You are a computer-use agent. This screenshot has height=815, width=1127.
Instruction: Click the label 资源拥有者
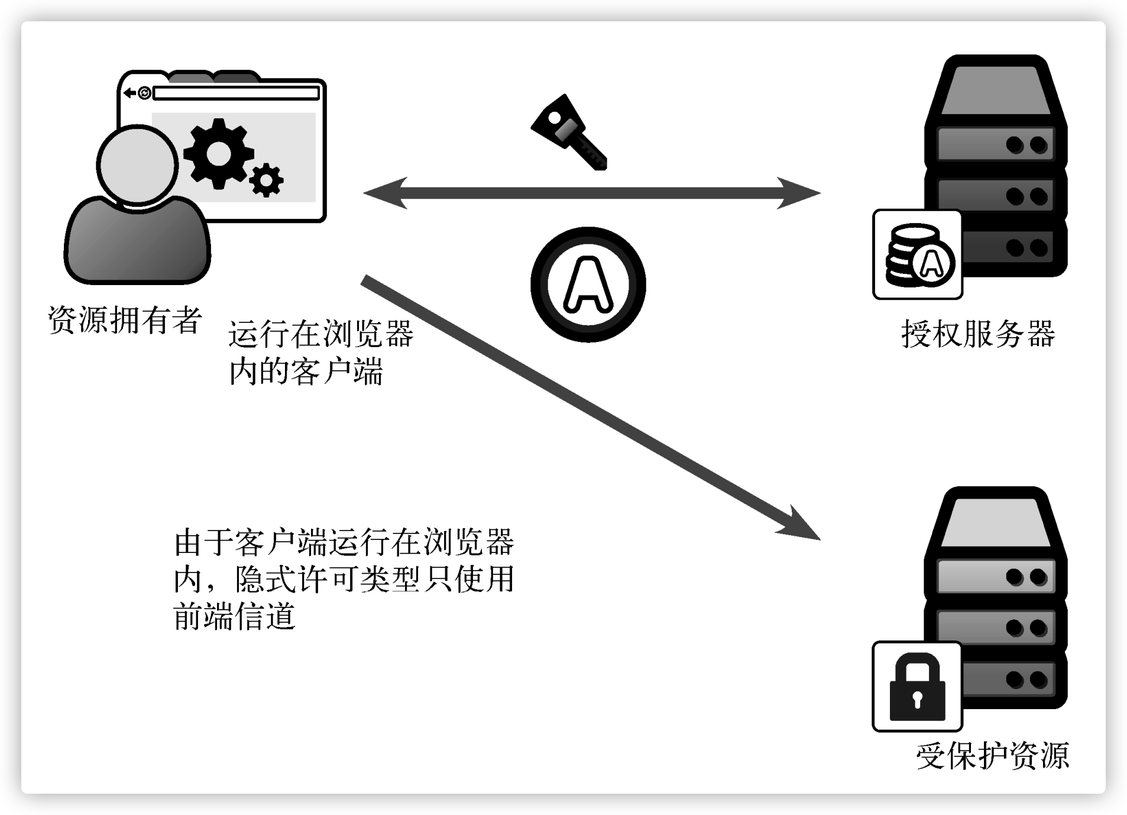tap(125, 320)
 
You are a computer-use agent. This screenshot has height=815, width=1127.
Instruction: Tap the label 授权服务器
tap(978, 334)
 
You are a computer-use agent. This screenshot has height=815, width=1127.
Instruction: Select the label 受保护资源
tap(993, 755)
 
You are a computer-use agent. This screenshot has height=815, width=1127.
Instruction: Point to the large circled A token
tap(588, 284)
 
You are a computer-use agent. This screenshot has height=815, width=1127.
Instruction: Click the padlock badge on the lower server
tap(917, 687)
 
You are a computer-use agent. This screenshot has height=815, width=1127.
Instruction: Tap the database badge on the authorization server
tap(917, 255)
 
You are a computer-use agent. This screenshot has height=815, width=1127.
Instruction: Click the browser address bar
tap(236, 93)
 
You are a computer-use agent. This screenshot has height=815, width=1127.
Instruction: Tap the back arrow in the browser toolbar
tap(129, 93)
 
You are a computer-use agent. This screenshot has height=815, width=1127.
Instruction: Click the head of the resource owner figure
tap(138, 165)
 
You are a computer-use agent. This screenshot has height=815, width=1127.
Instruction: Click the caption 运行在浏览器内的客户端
tap(320, 353)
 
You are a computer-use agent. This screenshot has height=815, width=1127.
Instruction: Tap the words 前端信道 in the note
tap(234, 616)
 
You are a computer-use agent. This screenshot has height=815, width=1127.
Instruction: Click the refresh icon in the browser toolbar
tap(144, 93)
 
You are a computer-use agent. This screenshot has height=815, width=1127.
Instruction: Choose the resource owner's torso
tap(137, 242)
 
